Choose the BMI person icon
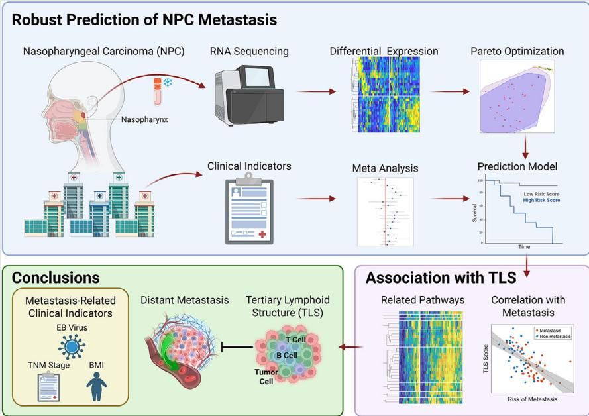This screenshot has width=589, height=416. click(97, 386)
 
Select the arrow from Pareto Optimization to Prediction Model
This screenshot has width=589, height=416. click(526, 146)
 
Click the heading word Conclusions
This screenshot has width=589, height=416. click(56, 278)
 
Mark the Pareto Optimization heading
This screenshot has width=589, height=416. click(517, 51)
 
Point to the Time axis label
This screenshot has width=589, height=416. click(523, 246)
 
